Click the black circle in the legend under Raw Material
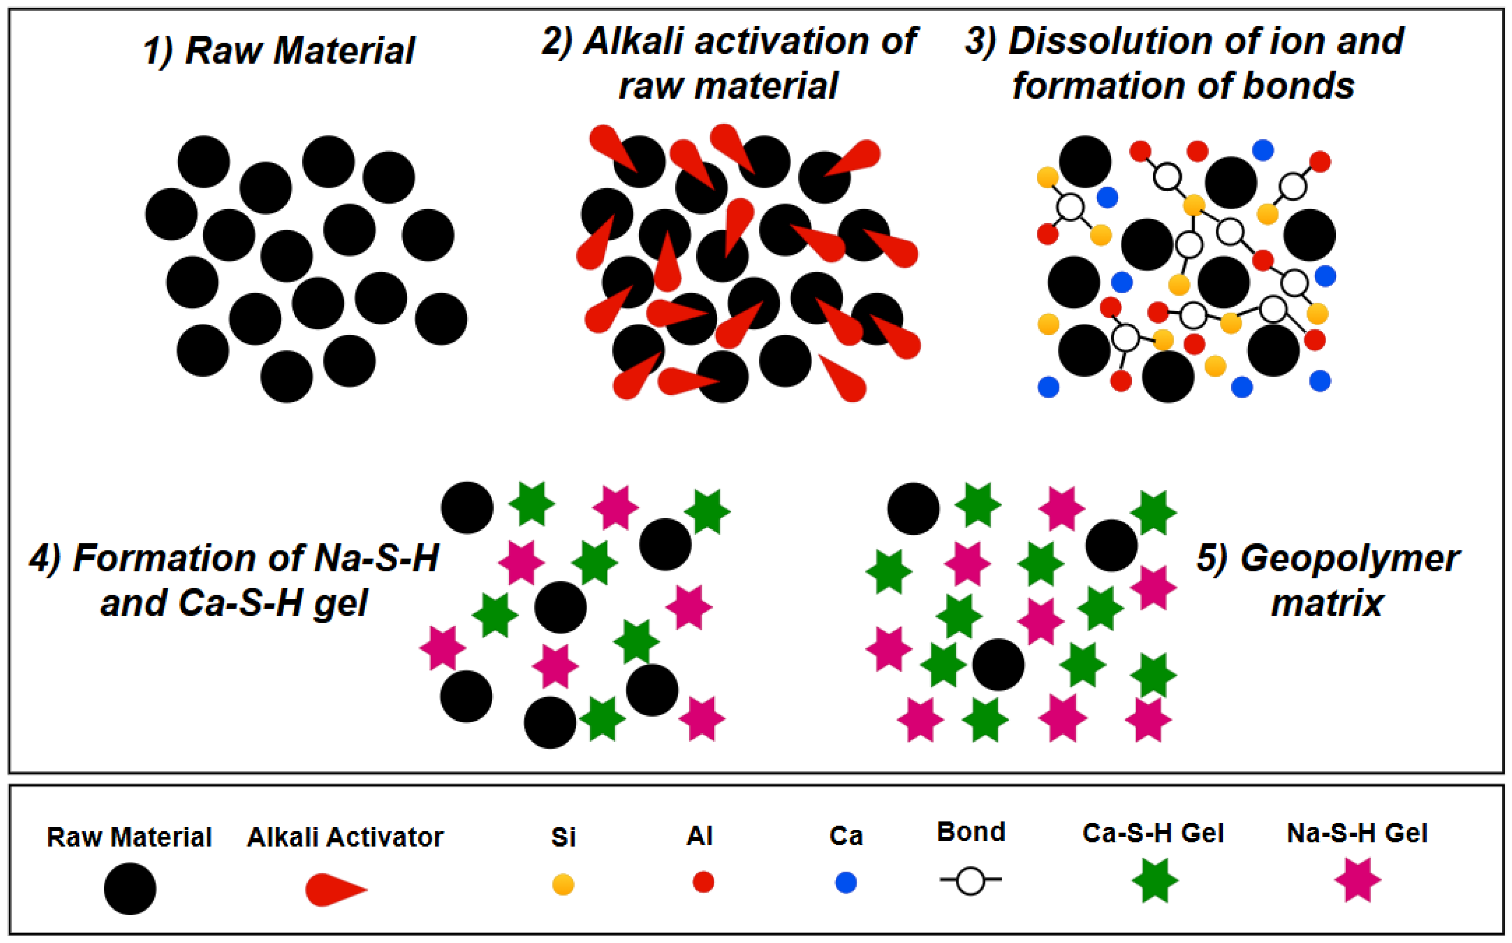coord(130,888)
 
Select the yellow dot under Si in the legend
coord(563,885)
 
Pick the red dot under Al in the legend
coord(703,882)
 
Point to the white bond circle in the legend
coord(971,881)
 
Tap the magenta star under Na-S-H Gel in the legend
coord(1358,880)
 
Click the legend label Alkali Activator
coord(345,837)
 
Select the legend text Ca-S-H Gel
coord(1153,833)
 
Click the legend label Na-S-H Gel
coord(1357,833)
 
